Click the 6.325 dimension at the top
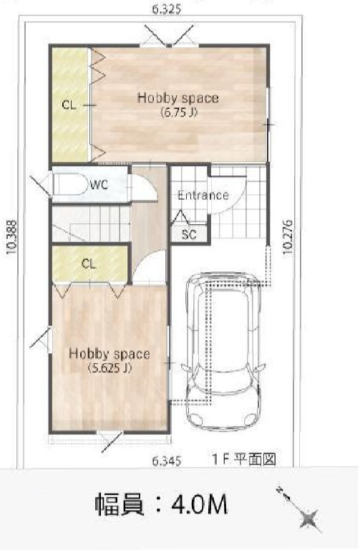tap(167, 9)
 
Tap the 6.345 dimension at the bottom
tap(167, 460)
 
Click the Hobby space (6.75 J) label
tap(178, 105)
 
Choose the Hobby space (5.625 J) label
tap(110, 360)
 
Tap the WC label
tap(99, 185)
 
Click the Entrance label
tap(203, 195)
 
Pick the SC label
tap(189, 234)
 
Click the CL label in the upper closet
tap(69, 105)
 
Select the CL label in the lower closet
tap(89, 264)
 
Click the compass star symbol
tap(309, 518)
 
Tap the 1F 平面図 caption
tap(244, 459)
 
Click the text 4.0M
tap(200, 504)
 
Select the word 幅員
tap(120, 504)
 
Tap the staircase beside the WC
tap(92, 223)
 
